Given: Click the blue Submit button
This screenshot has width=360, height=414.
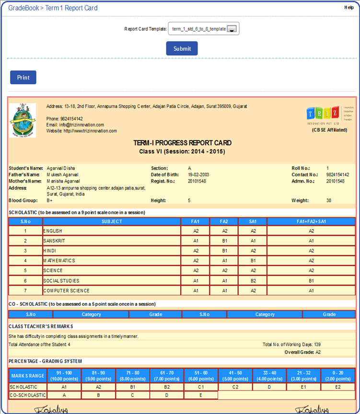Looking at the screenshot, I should (182, 48).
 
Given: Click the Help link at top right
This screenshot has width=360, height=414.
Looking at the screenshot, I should (348, 7).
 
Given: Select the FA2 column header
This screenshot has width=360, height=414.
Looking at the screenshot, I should (224, 221).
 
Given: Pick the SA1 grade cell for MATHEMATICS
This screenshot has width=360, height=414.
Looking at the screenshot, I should (253, 261).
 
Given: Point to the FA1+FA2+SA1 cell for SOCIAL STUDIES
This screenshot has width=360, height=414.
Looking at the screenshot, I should (311, 281).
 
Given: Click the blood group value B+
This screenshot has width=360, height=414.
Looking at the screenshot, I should (50, 200).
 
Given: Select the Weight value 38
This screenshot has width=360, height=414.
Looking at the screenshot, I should (329, 200).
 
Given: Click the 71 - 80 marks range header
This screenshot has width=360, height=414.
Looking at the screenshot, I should (133, 375).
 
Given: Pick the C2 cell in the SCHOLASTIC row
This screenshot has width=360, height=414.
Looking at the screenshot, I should (235, 386).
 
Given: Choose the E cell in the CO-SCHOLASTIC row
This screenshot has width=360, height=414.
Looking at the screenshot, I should (201, 395).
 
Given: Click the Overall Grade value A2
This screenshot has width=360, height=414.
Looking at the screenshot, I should (318, 352).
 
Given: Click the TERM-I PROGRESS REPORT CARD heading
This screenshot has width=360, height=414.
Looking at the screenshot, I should (182, 143).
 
